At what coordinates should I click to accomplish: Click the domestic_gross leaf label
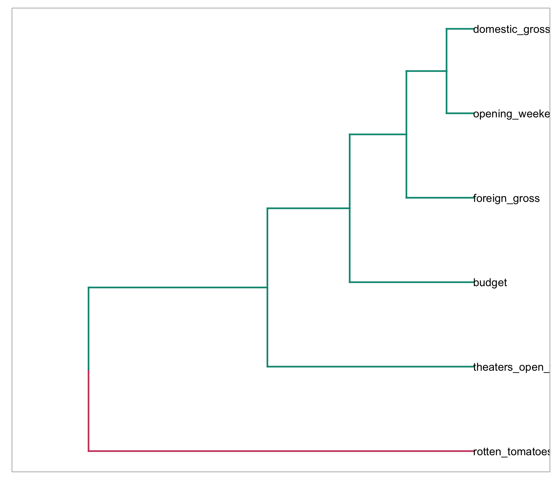click(x=511, y=29)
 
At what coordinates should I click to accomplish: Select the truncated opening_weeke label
click(x=511, y=114)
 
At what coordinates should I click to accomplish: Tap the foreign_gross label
click(x=506, y=198)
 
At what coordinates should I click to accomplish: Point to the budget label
click(x=490, y=282)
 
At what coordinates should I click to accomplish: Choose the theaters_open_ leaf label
click(x=511, y=367)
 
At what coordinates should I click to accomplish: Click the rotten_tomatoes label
click(x=511, y=452)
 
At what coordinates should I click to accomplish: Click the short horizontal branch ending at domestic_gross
click(x=460, y=29)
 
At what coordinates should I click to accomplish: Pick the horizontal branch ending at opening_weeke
click(x=460, y=113)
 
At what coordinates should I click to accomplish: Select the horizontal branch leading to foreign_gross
click(x=440, y=198)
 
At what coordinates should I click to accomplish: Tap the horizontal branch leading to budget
click(x=411, y=282)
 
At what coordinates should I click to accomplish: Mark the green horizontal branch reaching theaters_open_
click(x=370, y=367)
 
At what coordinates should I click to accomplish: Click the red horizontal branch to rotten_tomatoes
click(x=281, y=451)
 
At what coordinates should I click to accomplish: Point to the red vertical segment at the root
click(x=89, y=410)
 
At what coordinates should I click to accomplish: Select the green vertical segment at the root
click(x=89, y=328)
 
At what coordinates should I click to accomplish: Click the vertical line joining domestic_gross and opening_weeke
click(x=447, y=71)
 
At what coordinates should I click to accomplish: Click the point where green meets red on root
click(x=89, y=370)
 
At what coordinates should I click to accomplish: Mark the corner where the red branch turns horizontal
click(x=89, y=451)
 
